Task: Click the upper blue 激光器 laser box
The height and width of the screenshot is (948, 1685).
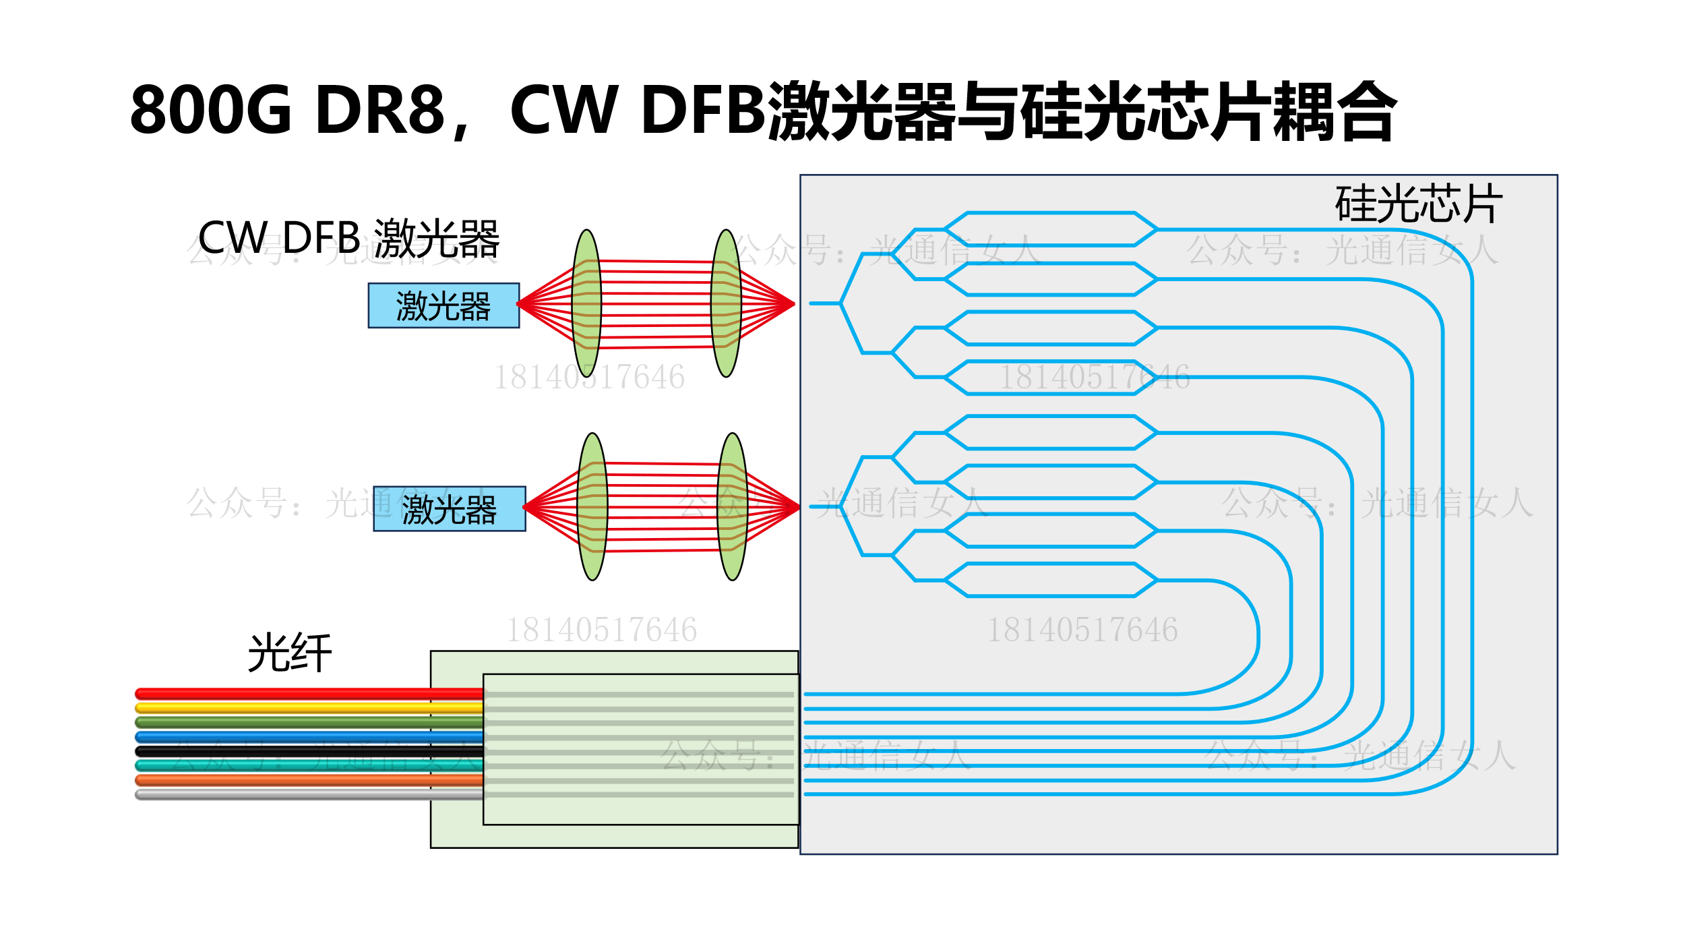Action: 443,305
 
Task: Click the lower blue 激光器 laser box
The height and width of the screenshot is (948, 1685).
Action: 449,508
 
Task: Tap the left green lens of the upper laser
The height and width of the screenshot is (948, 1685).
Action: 586,303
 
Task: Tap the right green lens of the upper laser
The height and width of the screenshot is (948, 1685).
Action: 726,303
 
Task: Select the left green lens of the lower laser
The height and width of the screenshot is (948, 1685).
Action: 592,506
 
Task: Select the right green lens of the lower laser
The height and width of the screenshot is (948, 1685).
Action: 732,506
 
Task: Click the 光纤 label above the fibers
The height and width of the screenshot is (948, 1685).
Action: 290,653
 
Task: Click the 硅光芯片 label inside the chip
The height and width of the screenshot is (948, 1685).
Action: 1419,204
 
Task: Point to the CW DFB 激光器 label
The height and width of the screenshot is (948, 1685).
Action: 348,239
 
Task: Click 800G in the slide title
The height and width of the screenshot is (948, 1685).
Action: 210,110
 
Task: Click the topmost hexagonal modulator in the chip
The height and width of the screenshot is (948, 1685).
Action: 1051,229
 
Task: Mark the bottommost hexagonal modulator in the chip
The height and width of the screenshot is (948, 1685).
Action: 1051,580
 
